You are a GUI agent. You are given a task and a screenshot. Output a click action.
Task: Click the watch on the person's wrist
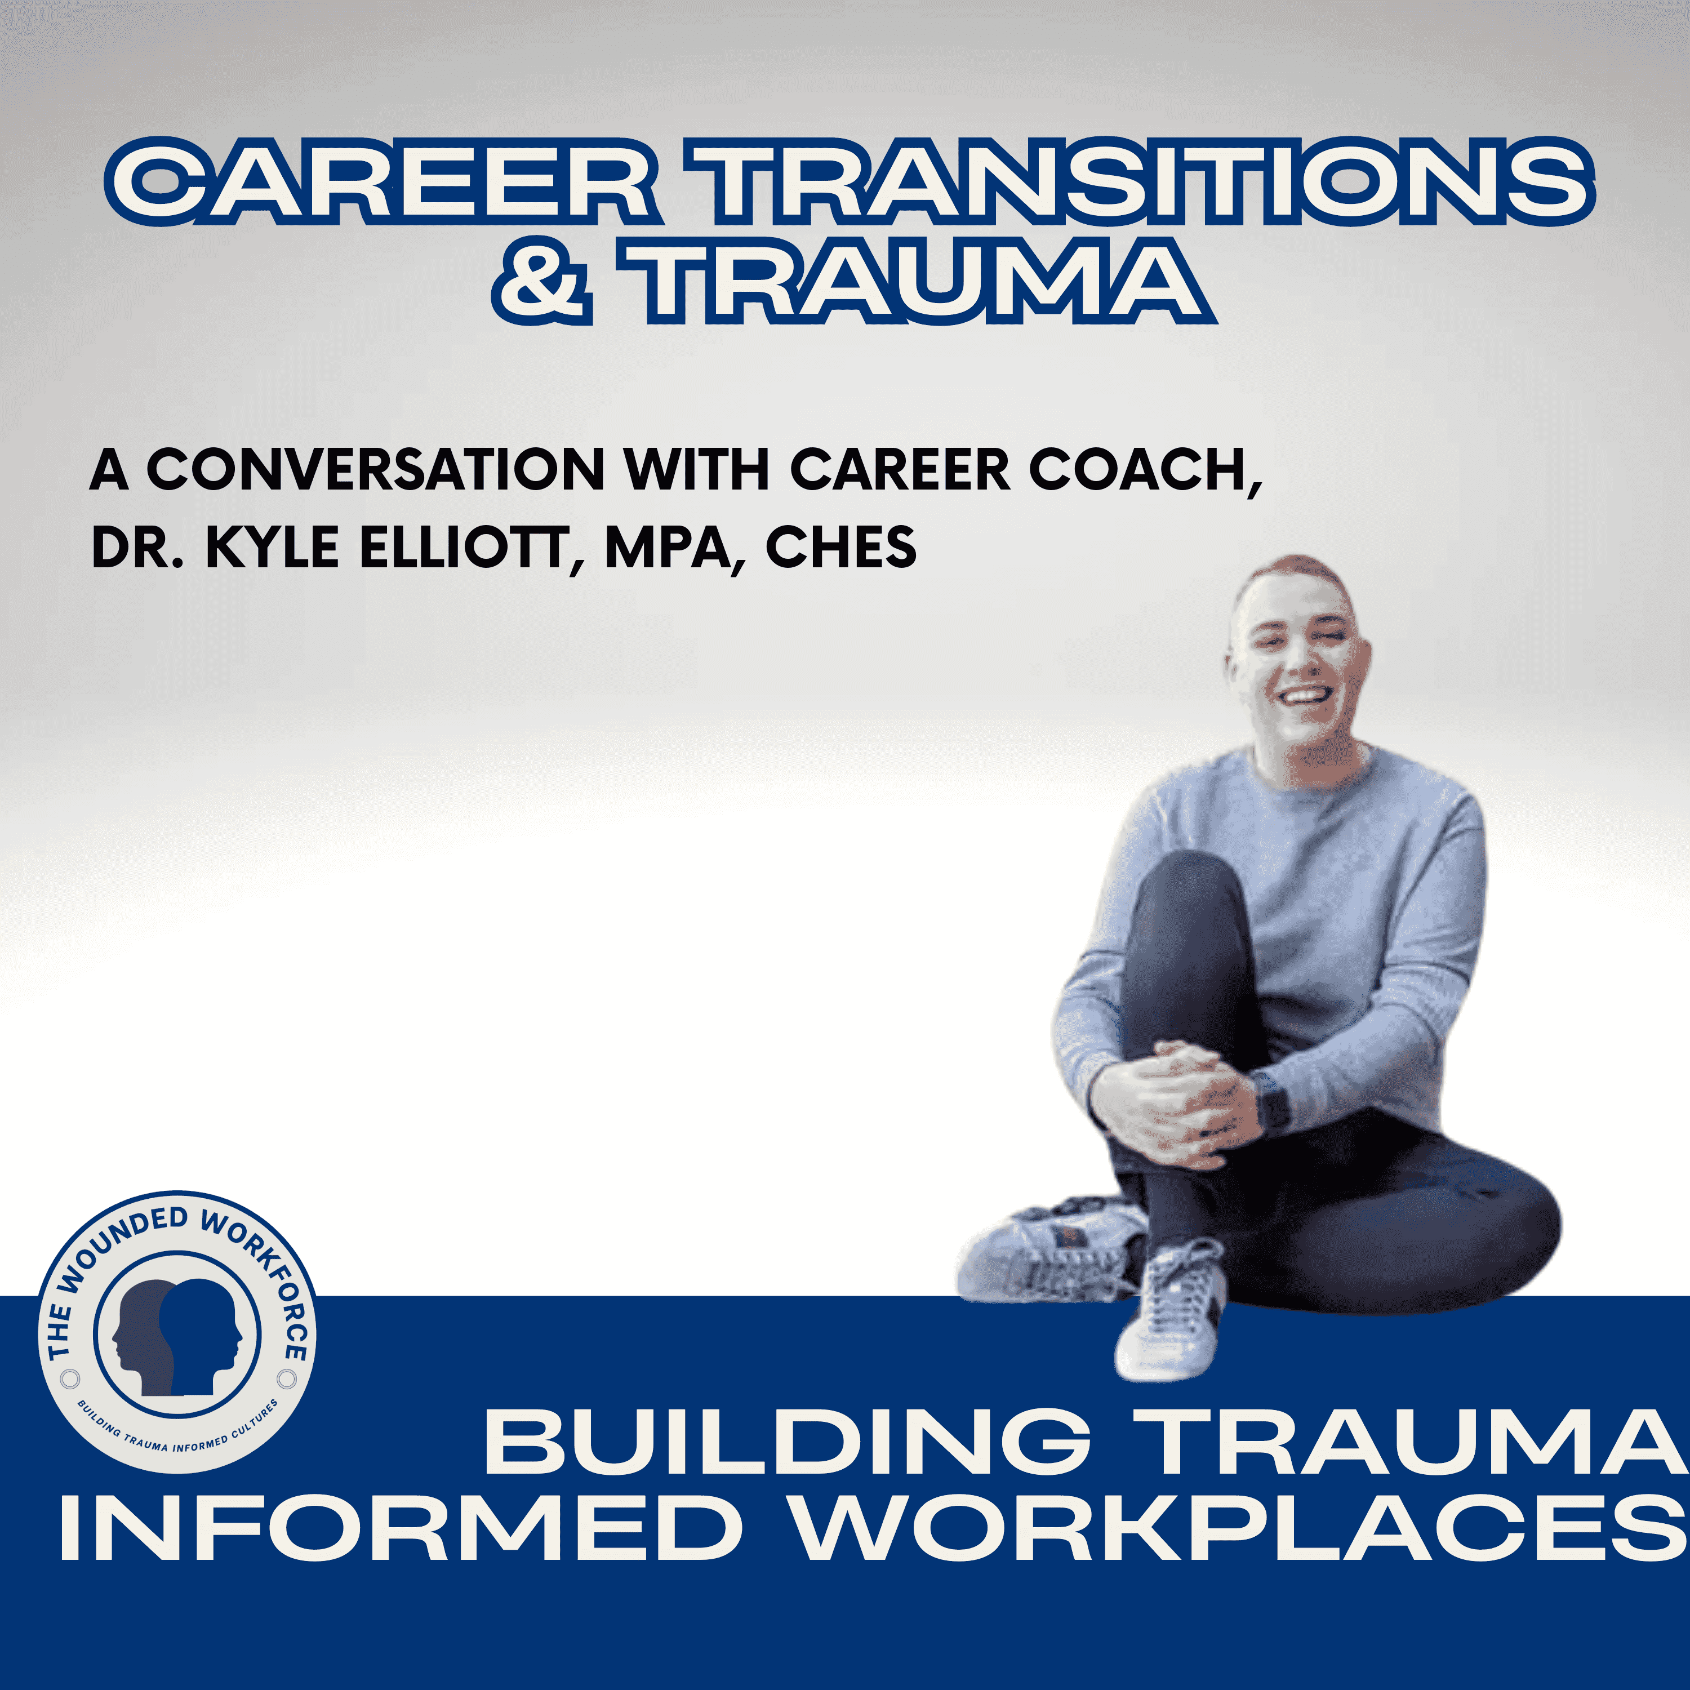tap(1273, 1103)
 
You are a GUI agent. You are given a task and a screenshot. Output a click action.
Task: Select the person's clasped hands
tap(1172, 1093)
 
